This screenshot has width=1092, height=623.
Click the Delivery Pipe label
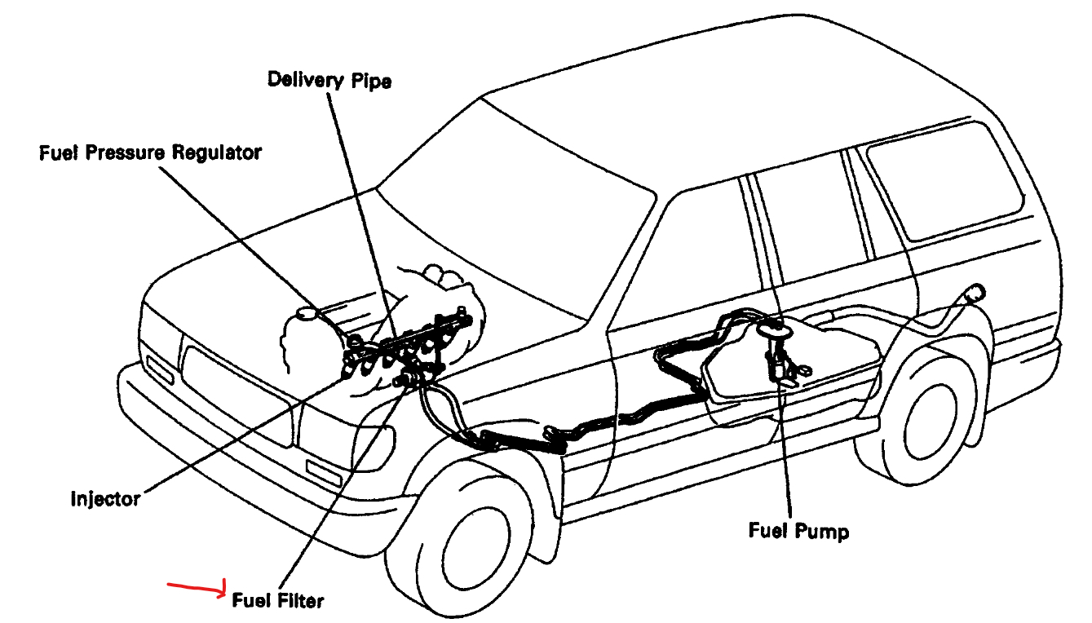point(329,81)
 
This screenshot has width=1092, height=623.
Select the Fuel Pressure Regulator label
point(150,152)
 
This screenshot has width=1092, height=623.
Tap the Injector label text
point(105,497)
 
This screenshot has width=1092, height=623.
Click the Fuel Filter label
point(277,601)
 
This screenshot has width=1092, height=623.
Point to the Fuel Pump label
point(798,531)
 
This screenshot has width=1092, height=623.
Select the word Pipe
point(372,81)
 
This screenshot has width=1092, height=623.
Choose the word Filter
point(299,601)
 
